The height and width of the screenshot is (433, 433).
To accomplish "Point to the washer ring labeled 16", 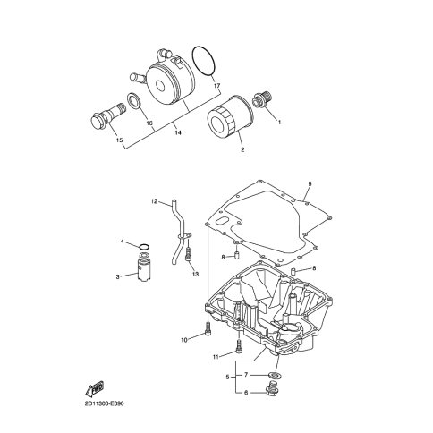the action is (133, 101).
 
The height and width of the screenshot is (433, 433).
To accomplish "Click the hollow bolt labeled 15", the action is (108, 115).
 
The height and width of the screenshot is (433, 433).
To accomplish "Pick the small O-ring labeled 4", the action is (144, 247).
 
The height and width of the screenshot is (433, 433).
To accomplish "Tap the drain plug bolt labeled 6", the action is (272, 388).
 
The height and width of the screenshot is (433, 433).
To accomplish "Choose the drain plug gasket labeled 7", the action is (274, 375).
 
